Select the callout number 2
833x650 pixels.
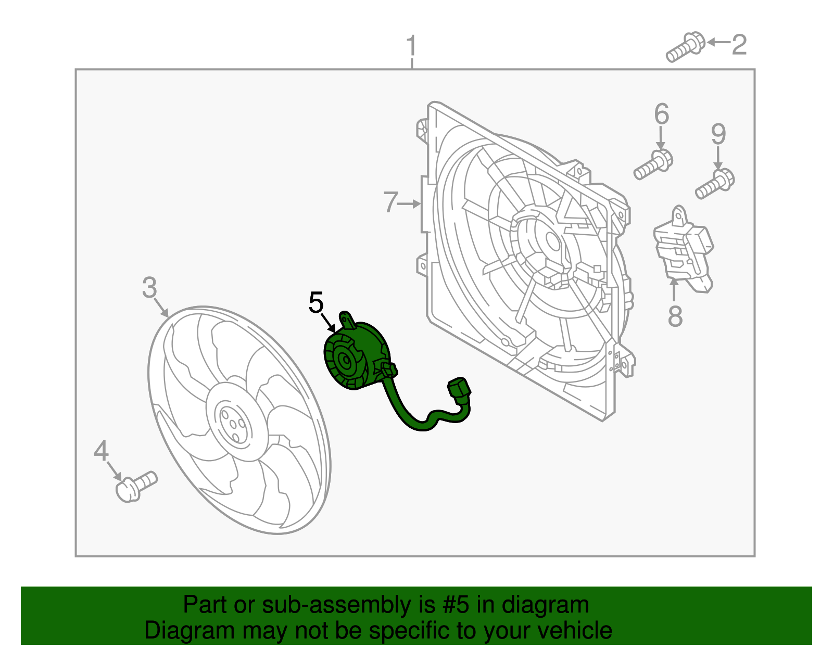click(x=739, y=45)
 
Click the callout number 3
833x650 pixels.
click(x=149, y=287)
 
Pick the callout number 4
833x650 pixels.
click(x=101, y=451)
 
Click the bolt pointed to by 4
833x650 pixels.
click(x=135, y=485)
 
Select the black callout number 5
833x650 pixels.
click(x=316, y=303)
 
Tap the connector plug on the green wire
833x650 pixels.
click(x=459, y=391)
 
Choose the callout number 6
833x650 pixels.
click(x=661, y=114)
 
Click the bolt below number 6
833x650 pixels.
click(x=653, y=164)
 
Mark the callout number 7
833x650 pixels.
click(x=390, y=202)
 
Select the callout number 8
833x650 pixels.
click(x=675, y=316)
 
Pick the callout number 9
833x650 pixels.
click(x=718, y=134)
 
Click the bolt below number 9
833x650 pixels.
click(x=715, y=184)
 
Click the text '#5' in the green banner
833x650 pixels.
click(x=456, y=605)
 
